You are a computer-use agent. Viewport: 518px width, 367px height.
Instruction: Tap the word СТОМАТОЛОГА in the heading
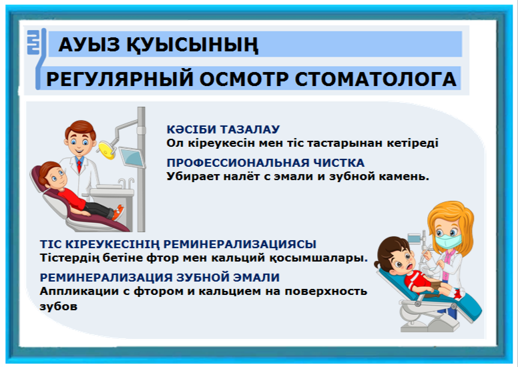coord(376,79)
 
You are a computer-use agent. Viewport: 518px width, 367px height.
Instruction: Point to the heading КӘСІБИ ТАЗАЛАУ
coord(223,129)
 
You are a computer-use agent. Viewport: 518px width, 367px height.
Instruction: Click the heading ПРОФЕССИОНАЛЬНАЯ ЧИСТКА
coord(265,163)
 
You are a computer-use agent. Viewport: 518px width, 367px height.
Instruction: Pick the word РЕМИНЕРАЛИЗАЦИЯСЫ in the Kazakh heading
coord(240,244)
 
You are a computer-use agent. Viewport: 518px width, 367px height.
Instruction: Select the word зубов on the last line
coord(59,306)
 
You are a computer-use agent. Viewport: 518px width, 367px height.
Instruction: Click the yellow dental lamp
coord(107,149)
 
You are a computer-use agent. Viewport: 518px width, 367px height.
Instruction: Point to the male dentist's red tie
coord(79,166)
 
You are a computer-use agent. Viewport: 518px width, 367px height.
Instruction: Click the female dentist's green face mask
coord(449,241)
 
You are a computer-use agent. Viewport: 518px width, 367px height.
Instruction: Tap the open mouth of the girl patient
coord(410,266)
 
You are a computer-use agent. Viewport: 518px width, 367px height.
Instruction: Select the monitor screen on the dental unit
coord(132,157)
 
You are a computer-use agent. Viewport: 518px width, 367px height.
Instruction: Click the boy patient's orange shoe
coord(118,212)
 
